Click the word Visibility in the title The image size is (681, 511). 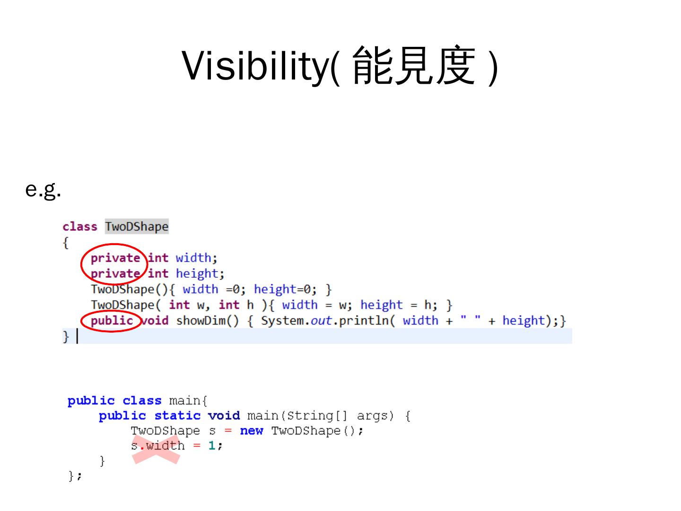254,65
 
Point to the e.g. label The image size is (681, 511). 43,190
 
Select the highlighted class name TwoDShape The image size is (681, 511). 137,227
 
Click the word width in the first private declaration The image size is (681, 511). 193,258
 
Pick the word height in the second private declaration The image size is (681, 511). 197,273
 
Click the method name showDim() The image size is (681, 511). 207,321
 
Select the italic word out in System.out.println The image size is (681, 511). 321,321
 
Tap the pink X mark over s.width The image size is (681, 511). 156,450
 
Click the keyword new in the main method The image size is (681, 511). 251,431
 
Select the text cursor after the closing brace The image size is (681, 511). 77,336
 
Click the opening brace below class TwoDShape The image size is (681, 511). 66,243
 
